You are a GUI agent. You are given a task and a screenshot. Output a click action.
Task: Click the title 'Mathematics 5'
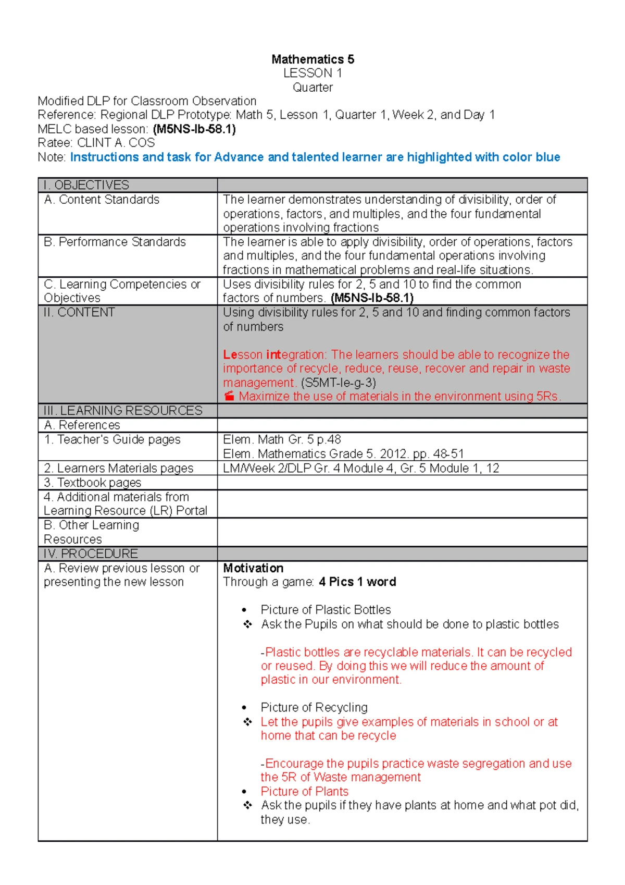312,59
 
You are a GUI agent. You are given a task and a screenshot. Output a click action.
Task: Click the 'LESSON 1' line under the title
312,73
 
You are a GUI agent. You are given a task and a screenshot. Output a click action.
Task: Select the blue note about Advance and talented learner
315,157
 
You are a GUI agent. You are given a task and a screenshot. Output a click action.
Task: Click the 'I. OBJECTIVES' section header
86,185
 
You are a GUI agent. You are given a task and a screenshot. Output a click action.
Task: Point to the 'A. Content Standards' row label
102,200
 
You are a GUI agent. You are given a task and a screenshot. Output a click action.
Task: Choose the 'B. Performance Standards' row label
115,242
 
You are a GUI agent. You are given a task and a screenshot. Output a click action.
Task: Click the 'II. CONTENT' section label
79,312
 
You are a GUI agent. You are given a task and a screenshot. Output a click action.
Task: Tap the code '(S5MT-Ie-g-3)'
338,383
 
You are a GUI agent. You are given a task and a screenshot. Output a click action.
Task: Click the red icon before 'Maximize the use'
229,396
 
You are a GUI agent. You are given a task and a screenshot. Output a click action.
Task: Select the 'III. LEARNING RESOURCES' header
123,411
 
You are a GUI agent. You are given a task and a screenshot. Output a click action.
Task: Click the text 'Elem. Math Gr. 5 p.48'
282,439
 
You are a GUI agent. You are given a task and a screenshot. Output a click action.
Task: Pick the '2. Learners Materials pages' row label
118,468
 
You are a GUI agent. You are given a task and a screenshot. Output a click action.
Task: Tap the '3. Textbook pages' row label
93,483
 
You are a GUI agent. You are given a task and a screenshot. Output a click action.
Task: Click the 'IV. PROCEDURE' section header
91,554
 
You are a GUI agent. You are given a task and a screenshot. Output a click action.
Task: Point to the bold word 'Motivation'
253,568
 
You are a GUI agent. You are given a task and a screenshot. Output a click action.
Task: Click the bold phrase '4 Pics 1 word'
357,582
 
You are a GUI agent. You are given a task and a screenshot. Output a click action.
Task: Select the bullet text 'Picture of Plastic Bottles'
326,610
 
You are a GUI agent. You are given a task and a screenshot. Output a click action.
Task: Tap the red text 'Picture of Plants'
304,791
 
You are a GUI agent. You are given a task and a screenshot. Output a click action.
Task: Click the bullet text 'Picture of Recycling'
314,707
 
